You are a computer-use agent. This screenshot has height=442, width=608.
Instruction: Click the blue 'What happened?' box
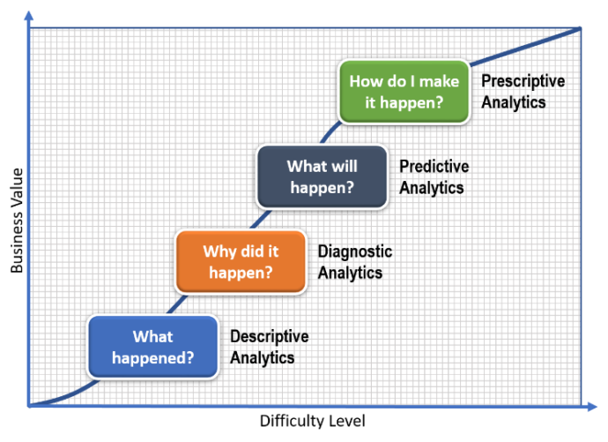coord(152,347)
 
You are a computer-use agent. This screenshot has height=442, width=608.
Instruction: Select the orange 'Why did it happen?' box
coord(241,261)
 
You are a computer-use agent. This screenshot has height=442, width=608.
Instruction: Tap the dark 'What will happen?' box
coord(322,176)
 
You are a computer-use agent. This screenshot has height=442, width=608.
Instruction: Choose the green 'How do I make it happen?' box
coord(404,92)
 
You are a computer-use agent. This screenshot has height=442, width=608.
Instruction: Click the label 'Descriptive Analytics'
coord(269,347)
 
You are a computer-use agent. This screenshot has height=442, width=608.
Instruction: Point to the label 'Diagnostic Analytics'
coord(354,262)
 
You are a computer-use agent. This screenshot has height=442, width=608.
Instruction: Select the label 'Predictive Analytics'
coord(434,176)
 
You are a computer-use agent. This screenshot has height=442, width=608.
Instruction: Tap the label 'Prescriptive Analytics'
coord(523,92)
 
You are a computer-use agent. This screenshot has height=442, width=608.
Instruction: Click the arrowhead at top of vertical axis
coord(29,15)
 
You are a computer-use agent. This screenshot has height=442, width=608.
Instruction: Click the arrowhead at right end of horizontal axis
coord(591,406)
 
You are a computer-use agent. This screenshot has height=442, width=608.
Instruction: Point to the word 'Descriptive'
coord(269,337)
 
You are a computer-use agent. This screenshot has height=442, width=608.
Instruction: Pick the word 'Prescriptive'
coord(523,81)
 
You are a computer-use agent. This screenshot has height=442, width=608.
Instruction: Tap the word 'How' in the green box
coord(366,81)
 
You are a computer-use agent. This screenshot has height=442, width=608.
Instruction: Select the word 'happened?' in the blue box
coord(152,357)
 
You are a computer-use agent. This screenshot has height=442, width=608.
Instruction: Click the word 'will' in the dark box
coord(345,166)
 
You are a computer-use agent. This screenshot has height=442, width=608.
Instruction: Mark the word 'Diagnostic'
coord(354,251)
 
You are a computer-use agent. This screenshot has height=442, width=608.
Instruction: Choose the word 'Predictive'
coord(434,167)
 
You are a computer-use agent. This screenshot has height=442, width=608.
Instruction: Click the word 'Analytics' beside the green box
coord(513,102)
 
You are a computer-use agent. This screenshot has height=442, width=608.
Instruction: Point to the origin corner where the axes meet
coord(29,406)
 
